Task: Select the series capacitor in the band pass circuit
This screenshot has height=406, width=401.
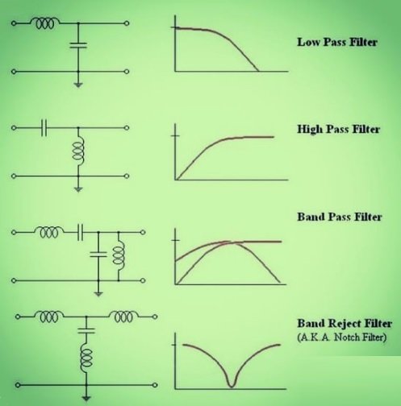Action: click(x=81, y=232)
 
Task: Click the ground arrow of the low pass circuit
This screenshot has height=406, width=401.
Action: click(x=78, y=82)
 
